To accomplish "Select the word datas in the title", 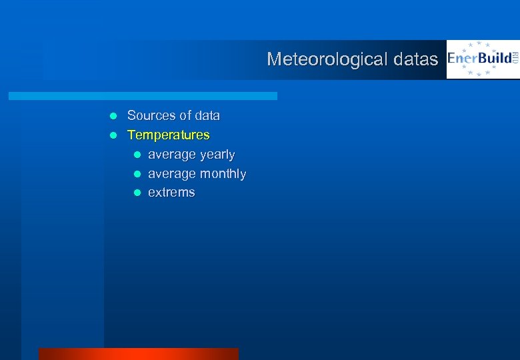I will [x=415, y=59].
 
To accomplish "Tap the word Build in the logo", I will [x=491, y=58].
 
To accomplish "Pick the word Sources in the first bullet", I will [x=150, y=116].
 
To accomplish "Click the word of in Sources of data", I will [x=184, y=116].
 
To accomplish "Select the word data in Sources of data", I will [x=207, y=116].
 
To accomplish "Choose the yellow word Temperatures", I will [x=168, y=135].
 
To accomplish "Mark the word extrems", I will [x=171, y=193].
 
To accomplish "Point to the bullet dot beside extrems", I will [x=137, y=193].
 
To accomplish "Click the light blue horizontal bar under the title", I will [x=143, y=96].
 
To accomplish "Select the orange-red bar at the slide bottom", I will [x=138, y=354].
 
